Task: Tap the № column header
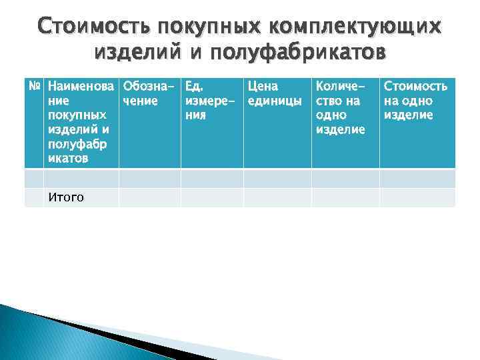point(34,86)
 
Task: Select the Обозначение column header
point(149,93)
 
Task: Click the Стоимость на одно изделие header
point(415,100)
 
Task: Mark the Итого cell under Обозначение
point(149,197)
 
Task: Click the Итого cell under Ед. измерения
point(211,197)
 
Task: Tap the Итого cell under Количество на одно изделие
point(345,197)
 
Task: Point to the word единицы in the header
point(275,101)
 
